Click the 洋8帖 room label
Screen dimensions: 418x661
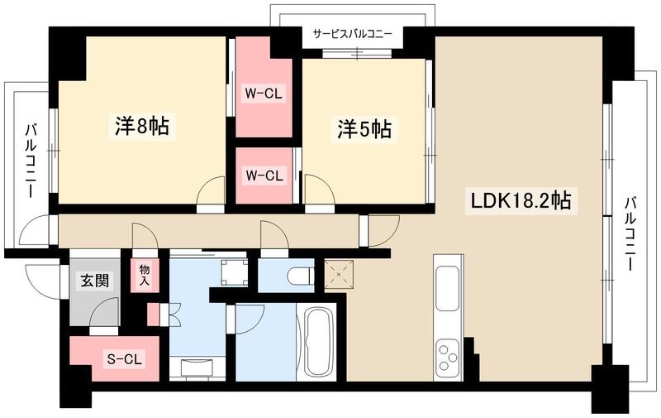click(141, 127)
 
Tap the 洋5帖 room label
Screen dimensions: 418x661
click(363, 129)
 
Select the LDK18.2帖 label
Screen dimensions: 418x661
click(521, 200)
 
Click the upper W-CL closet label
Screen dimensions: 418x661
click(264, 94)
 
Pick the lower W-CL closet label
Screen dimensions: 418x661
click(264, 175)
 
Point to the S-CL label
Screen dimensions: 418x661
click(123, 358)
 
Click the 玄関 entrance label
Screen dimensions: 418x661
click(93, 281)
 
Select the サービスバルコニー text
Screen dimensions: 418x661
click(352, 35)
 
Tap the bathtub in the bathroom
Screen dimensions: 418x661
click(316, 343)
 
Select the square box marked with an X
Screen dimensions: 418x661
click(338, 273)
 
